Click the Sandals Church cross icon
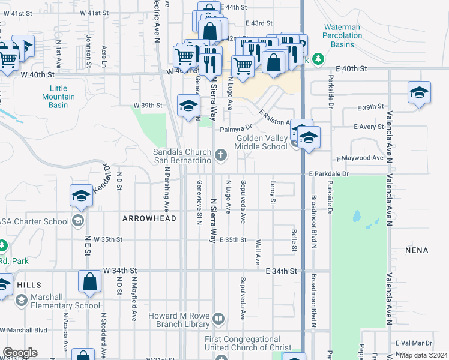click(x=221, y=156)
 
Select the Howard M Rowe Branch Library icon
click(x=219, y=319)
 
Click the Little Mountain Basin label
click(x=58, y=97)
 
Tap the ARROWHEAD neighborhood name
click(x=149, y=218)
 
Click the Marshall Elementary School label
click(x=58, y=305)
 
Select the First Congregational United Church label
click(x=242, y=344)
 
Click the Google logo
click(x=20, y=353)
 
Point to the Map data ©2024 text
click(x=423, y=355)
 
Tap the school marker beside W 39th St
click(x=188, y=106)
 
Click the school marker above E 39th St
click(x=419, y=92)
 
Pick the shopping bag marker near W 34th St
click(x=89, y=281)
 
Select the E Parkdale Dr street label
click(x=328, y=173)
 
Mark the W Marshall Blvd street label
click(x=24, y=330)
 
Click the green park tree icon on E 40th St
click(x=318, y=59)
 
